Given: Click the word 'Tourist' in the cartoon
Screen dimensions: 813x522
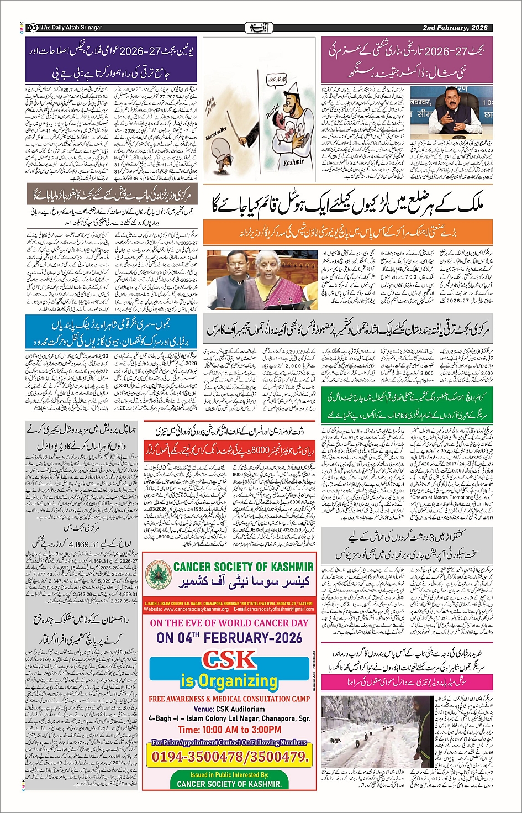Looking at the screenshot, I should pyautogui.click(x=272, y=111).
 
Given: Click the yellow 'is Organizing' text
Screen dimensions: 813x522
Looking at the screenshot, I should pyautogui.click(x=229, y=680).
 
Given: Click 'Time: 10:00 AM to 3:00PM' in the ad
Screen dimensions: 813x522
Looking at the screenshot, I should pyautogui.click(x=229, y=730).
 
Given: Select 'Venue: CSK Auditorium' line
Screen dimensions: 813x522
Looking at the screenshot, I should pyautogui.click(x=229, y=709).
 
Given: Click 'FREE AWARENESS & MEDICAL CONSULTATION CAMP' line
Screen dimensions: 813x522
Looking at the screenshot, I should pyautogui.click(x=229, y=699).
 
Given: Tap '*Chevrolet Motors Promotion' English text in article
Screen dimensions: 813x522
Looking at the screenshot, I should pyautogui.click(x=441, y=497).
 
